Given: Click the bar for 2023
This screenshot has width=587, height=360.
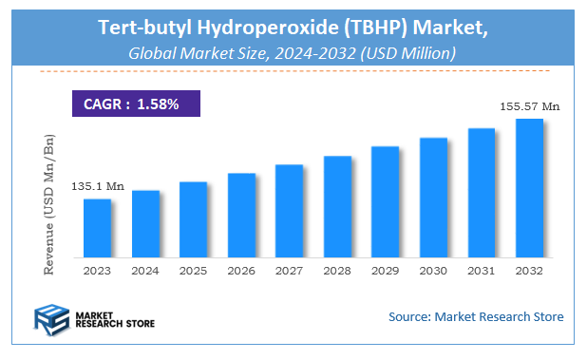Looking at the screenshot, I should (97, 228).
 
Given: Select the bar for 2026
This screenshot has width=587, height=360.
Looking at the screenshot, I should (241, 216).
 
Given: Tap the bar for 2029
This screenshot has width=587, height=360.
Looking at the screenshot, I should (385, 201).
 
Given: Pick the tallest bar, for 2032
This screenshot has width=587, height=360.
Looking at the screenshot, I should (529, 188).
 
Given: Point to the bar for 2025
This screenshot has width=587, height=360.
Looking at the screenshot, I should (193, 219).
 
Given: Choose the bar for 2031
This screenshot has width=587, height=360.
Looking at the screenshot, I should (482, 193).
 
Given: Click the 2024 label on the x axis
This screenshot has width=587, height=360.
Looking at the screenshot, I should (145, 272).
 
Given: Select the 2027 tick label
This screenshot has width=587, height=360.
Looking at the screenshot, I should (289, 272).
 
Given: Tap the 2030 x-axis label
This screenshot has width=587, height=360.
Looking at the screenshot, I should (433, 272).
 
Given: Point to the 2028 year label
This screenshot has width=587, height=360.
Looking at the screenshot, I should (337, 272).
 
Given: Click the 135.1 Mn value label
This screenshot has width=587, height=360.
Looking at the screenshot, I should (98, 186).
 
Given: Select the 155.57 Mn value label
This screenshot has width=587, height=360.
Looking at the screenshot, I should (528, 106).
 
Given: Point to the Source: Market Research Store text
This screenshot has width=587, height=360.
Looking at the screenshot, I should (476, 315).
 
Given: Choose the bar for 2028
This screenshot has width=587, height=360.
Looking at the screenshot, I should (337, 206).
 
